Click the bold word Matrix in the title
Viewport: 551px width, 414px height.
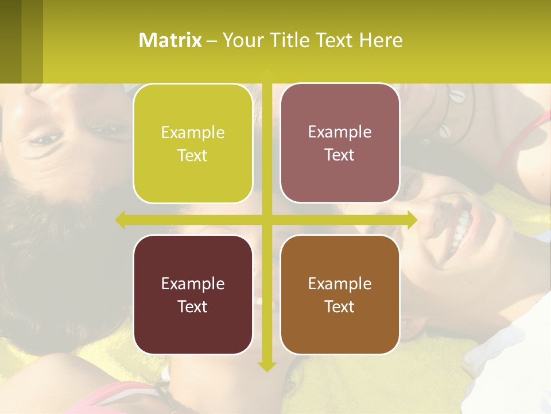170,40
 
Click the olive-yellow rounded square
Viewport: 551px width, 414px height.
193,144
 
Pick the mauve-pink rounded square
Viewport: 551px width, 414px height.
340,143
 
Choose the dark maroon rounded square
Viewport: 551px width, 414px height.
193,294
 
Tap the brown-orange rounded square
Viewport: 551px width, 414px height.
340,294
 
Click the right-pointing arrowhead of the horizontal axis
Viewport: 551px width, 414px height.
412,220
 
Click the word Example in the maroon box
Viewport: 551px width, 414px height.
193,283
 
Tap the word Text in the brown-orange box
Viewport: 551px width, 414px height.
340,306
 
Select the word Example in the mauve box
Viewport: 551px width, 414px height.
340,132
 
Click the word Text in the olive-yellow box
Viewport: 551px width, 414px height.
193,156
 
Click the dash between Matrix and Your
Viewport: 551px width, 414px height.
212,40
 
